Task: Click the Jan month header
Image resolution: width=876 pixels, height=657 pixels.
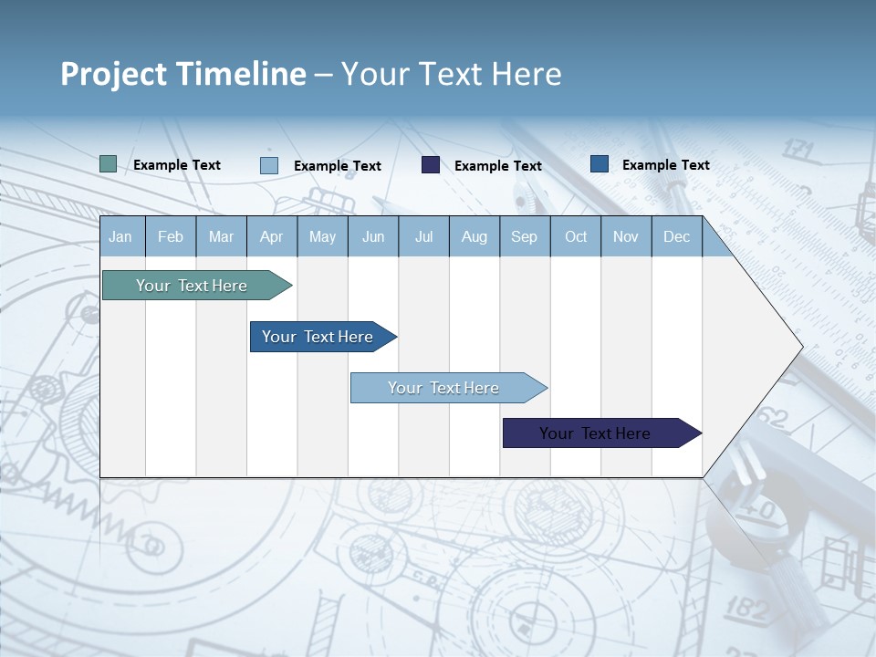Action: pyautogui.click(x=120, y=236)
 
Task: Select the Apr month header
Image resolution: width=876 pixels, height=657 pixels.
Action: pyautogui.click(x=271, y=236)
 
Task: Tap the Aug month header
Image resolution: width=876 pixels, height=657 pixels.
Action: pyautogui.click(x=474, y=236)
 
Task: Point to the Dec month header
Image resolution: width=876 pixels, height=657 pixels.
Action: pyautogui.click(x=676, y=236)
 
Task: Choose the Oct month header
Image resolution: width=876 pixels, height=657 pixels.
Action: pyautogui.click(x=576, y=236)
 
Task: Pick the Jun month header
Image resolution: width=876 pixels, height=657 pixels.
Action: pyautogui.click(x=373, y=236)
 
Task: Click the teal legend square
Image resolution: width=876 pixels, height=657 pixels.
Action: pyautogui.click(x=109, y=164)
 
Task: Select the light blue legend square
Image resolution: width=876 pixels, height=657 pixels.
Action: pyautogui.click(x=269, y=165)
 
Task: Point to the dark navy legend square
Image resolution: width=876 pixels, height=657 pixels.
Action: pyautogui.click(x=431, y=165)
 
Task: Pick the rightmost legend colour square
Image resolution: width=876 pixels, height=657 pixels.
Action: pyautogui.click(x=600, y=164)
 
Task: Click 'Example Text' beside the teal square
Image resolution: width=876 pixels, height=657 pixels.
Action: pyautogui.click(x=177, y=165)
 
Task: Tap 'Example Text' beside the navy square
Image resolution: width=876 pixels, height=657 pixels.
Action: pyautogui.click(x=498, y=166)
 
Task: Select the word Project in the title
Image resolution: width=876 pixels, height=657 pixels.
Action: pyautogui.click(x=113, y=73)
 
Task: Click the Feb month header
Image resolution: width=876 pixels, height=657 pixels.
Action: pyautogui.click(x=171, y=236)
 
